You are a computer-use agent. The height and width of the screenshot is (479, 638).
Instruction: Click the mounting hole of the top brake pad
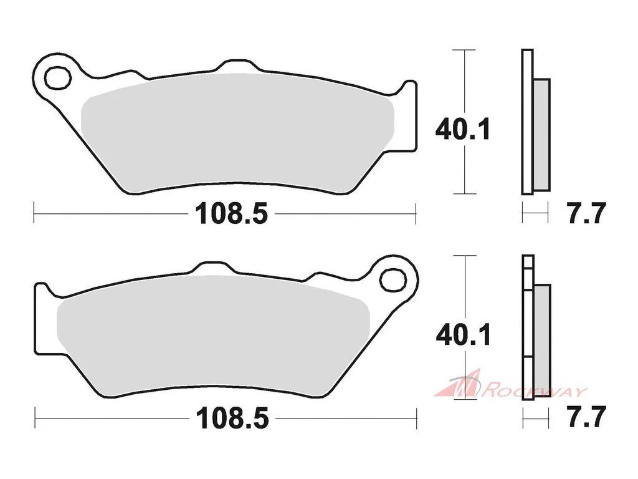click(57, 77)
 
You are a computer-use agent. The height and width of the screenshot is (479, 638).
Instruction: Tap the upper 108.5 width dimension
click(232, 214)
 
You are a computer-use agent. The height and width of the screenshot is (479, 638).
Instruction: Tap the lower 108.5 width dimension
click(233, 419)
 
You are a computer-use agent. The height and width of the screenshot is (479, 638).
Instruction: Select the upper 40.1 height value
click(463, 129)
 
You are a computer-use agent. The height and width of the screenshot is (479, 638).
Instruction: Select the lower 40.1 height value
click(463, 335)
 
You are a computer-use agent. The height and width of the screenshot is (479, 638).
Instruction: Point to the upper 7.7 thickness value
click(587, 213)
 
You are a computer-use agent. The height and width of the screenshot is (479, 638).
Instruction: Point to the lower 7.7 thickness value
click(587, 416)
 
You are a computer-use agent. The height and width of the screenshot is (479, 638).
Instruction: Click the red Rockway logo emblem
click(460, 384)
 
